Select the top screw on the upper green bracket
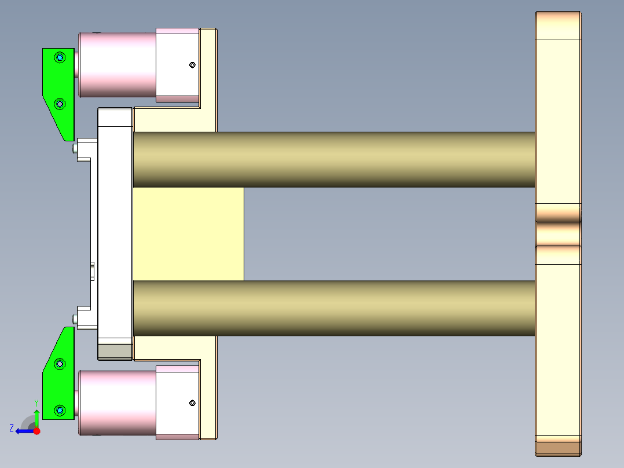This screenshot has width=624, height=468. (60, 57)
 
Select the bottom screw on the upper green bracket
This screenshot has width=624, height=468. (60, 104)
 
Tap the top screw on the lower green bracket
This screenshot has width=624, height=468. (60, 364)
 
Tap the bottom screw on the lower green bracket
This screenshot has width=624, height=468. (60, 410)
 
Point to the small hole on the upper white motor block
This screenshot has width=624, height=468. (193, 65)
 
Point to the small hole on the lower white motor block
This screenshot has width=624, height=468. (193, 403)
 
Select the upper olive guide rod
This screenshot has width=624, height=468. (333, 159)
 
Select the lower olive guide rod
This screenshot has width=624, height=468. (333, 308)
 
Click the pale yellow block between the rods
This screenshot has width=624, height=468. (188, 233)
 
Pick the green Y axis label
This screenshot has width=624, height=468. (36, 402)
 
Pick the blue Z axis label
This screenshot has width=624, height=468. (12, 427)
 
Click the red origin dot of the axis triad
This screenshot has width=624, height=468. (36, 431)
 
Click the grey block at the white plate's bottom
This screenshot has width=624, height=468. (115, 352)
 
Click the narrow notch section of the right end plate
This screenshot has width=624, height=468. (558, 233)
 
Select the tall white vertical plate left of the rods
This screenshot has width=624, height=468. (115, 226)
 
